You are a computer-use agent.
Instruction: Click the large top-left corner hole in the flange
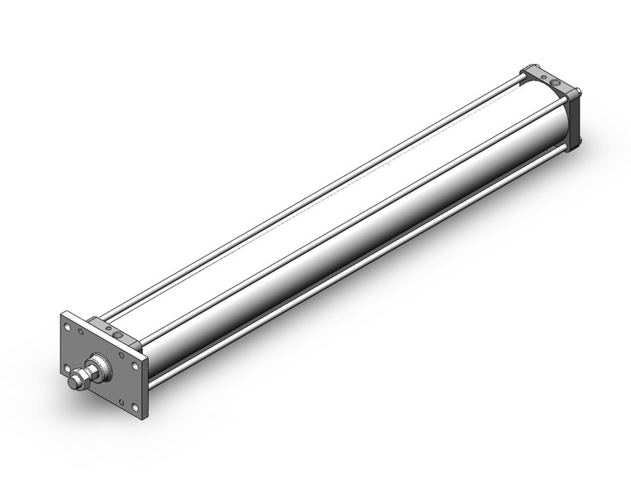click(68, 327)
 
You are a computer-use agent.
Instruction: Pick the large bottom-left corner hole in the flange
click(67, 368)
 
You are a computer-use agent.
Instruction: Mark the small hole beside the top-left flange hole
click(81, 333)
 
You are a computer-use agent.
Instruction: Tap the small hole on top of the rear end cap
click(543, 77)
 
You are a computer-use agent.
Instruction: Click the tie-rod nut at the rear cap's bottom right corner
click(577, 141)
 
